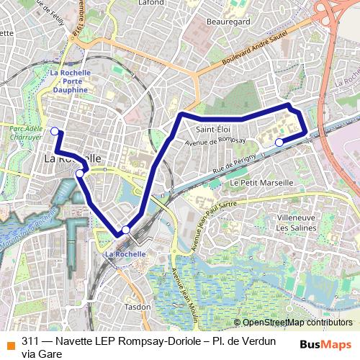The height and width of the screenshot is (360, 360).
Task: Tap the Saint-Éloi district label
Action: [213, 130]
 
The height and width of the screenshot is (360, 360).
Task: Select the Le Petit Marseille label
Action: [261, 183]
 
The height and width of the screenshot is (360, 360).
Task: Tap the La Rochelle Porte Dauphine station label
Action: [71, 81]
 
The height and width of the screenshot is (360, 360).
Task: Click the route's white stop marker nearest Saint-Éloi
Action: [279, 143]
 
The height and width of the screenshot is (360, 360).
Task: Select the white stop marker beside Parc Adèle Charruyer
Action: [55, 130]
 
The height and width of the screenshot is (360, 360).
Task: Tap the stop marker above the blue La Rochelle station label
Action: [126, 230]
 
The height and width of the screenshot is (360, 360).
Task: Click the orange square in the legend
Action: [9, 342]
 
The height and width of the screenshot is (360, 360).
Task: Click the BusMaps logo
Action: [326, 343]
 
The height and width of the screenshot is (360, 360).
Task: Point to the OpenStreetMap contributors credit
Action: [292, 323]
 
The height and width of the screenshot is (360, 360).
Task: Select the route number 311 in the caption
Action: [30, 342]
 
